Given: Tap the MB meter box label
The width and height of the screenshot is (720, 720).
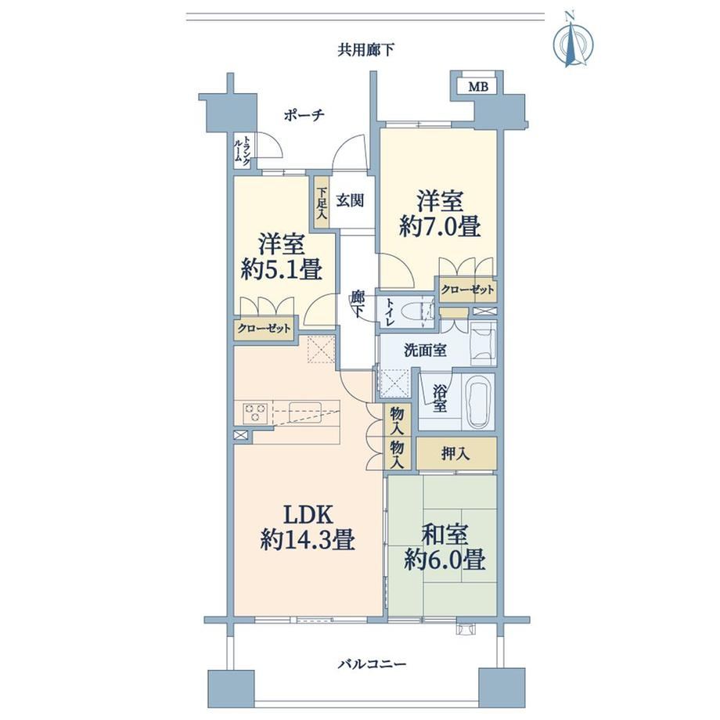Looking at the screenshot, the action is (478, 86).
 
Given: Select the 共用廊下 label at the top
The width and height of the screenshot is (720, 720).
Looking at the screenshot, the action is (365, 49).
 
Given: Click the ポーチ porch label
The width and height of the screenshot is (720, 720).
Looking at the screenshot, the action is (304, 115).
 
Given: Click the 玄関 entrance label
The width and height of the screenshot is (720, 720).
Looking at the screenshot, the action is (351, 200).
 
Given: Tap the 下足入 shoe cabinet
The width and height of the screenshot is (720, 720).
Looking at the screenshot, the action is (322, 203).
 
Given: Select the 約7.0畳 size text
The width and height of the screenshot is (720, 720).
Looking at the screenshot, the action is (440, 226).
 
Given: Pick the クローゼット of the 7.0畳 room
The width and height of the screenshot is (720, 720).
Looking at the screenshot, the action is (467, 290).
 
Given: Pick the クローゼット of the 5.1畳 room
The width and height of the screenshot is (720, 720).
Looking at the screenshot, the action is (264, 329).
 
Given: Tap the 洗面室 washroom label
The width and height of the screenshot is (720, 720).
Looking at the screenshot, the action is (425, 351).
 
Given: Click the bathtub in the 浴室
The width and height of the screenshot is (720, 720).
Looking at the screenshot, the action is (480, 401).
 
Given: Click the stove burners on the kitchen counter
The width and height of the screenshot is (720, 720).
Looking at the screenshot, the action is (255, 412).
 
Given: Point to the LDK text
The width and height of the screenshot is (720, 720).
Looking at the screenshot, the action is (308, 515).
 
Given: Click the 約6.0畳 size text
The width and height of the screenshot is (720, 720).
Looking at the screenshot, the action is (445, 560).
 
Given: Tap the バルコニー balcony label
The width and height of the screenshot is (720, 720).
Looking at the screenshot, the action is (373, 664).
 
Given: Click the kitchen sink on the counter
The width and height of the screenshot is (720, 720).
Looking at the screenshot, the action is (304, 409).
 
